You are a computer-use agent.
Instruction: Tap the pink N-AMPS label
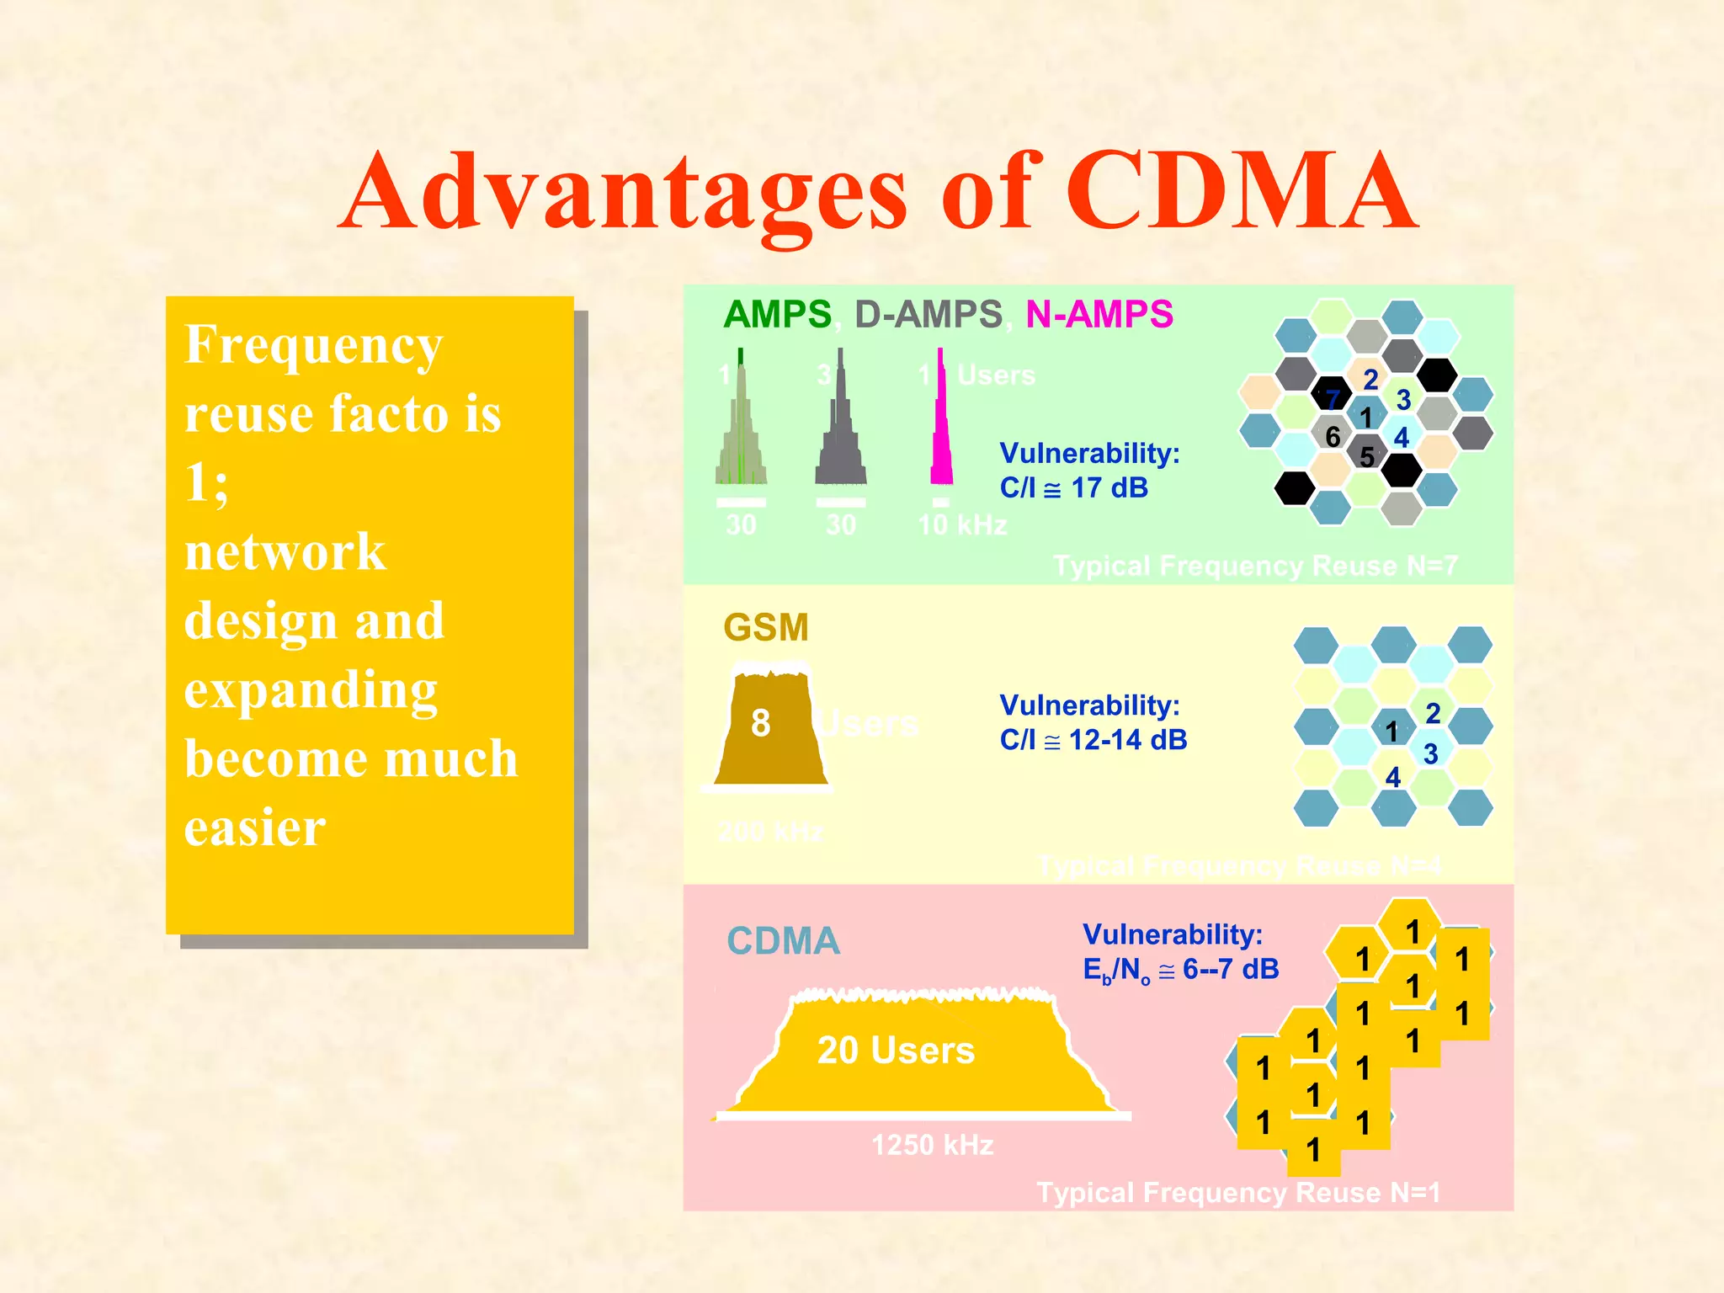[x=1099, y=315]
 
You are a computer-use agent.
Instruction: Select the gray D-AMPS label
[x=928, y=315]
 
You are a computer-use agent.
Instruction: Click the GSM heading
[x=765, y=627]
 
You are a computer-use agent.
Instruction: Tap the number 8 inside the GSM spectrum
[x=760, y=723]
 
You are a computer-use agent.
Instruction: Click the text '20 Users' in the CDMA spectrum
[x=896, y=1051]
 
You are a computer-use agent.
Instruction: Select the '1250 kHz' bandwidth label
[x=932, y=1145]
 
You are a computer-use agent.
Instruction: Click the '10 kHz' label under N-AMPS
[x=962, y=525]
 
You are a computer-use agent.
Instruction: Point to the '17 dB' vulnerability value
[x=1109, y=488]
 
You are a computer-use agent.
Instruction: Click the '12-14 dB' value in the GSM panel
[x=1127, y=740]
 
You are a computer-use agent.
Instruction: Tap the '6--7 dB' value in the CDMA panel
[x=1230, y=970]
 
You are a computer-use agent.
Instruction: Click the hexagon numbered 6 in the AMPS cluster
[x=1332, y=436]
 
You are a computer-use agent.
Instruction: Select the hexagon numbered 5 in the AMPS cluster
[x=1367, y=456]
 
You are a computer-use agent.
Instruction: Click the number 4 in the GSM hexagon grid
[x=1393, y=777]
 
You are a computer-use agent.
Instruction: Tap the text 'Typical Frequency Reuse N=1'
[x=1238, y=1193]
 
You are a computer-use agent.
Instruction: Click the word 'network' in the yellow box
[x=285, y=552]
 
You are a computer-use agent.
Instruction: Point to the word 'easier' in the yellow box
[x=254, y=828]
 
